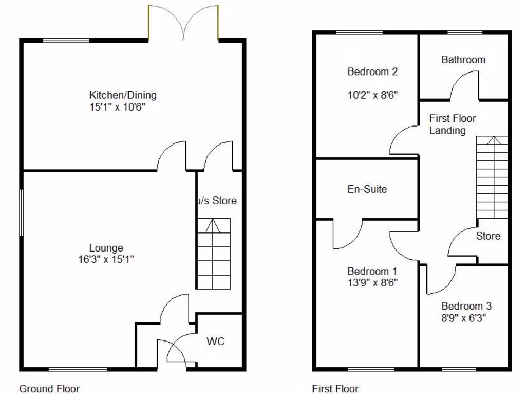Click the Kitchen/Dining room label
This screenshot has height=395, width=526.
point(123,95)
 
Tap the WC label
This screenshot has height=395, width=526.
point(216,342)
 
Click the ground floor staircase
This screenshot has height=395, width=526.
point(213,254)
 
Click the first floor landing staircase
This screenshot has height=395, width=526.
point(492,177)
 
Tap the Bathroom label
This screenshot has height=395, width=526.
point(463,60)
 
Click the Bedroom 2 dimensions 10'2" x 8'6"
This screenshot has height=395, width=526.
point(373,95)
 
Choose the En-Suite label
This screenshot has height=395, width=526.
point(367,189)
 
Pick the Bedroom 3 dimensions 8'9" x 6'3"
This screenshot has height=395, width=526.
point(463,318)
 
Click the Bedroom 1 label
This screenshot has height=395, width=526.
point(372,271)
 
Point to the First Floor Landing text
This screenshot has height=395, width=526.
point(453,124)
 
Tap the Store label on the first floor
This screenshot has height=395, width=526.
point(488,236)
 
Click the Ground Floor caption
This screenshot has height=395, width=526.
point(49,389)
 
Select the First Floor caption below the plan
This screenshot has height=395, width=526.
point(335,389)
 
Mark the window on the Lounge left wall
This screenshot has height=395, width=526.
point(22,212)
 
